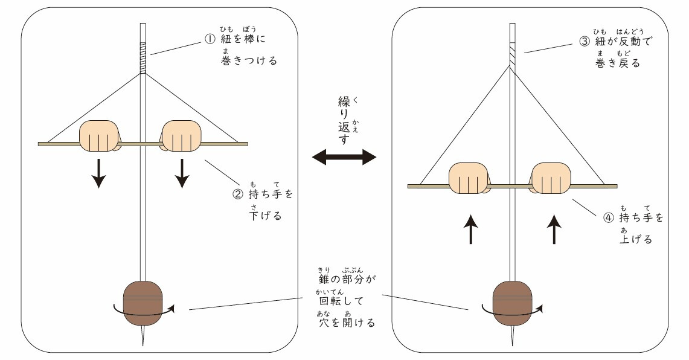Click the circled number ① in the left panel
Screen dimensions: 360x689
point(210,39)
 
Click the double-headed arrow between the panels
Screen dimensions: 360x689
point(344,158)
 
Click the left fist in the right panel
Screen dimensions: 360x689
point(468,178)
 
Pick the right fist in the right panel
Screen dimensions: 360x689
point(550,178)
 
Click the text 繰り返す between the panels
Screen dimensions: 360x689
point(344,121)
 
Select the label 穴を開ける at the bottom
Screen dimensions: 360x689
point(347,323)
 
